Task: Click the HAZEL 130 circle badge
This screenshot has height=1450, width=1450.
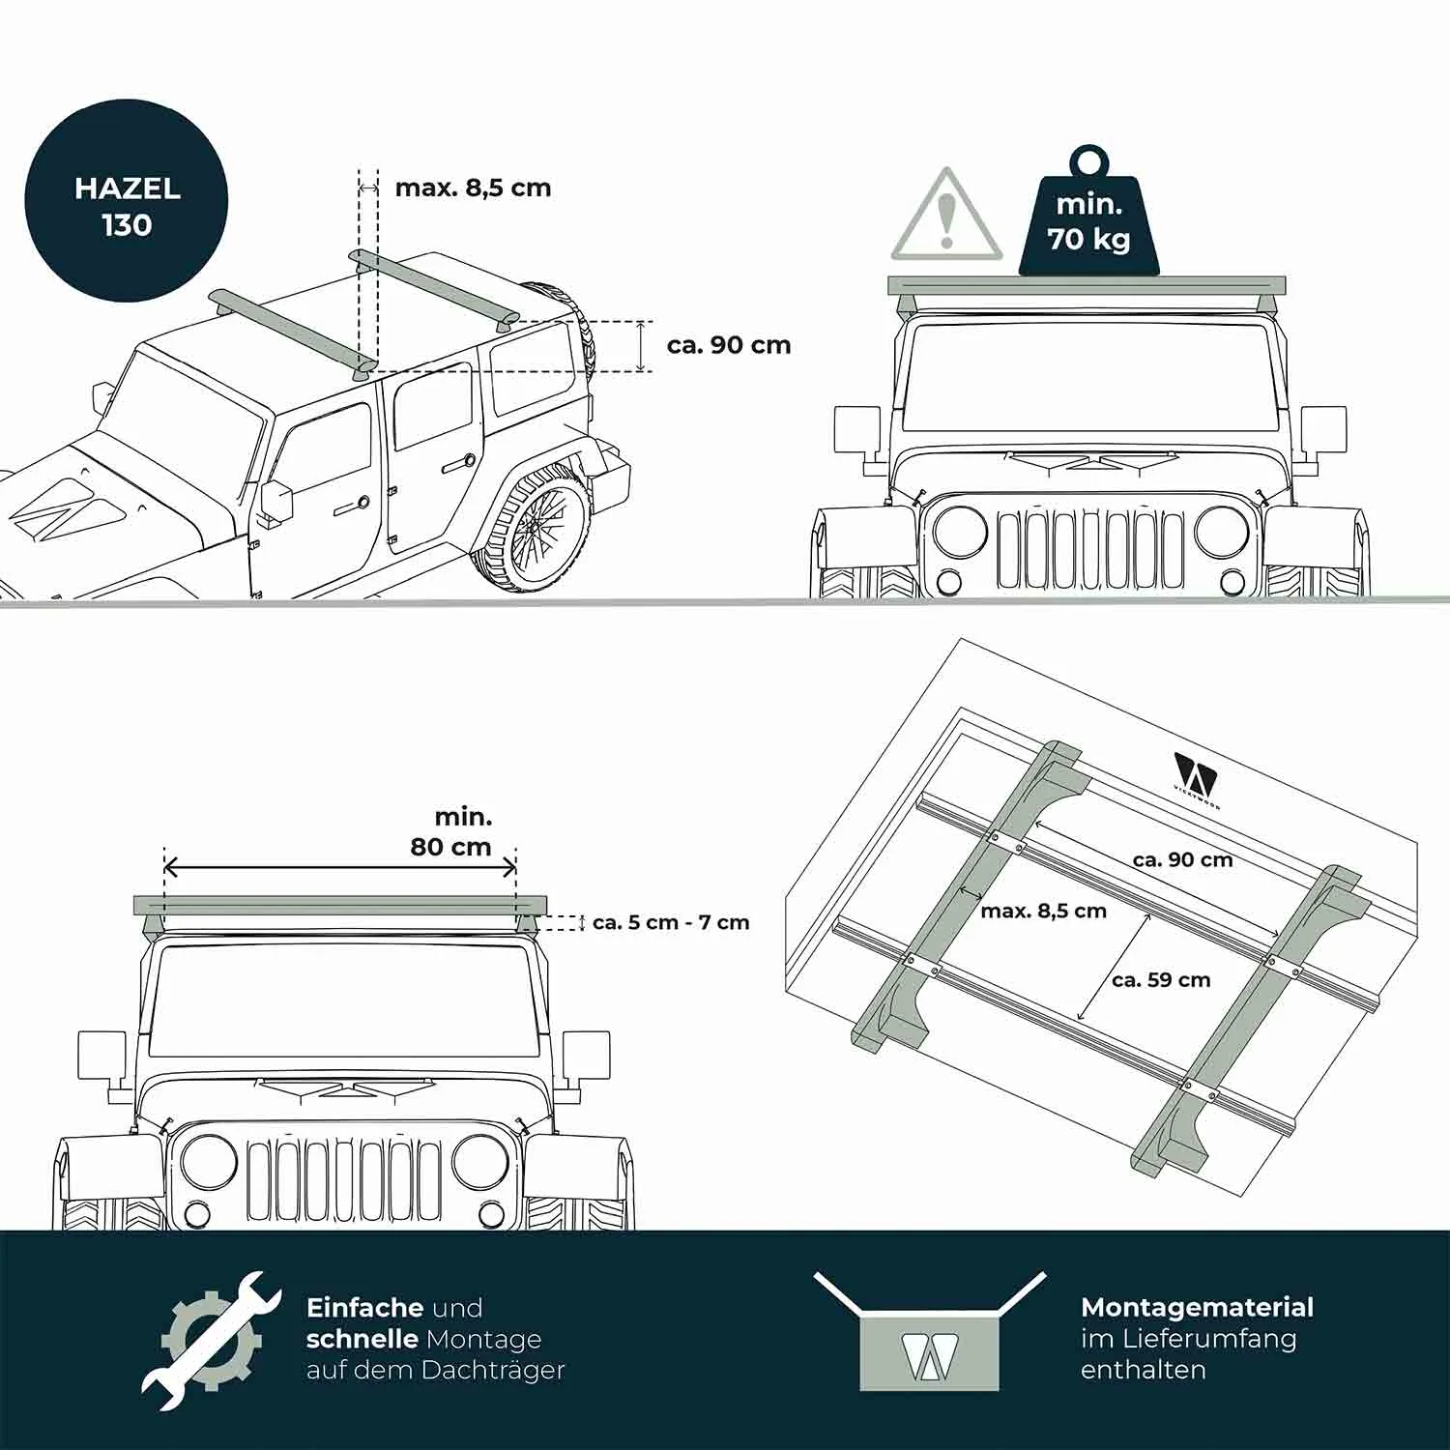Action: pos(126,201)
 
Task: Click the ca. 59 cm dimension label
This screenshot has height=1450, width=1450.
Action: pos(1161,980)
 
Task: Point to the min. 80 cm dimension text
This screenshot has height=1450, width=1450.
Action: pos(451,832)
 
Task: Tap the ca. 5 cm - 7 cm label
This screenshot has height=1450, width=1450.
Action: pos(671,922)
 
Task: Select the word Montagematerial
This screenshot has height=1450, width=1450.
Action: pos(1197,1308)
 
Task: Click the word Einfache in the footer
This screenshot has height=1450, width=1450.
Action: pos(364,1308)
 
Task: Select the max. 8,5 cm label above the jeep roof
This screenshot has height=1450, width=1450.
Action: pos(473,188)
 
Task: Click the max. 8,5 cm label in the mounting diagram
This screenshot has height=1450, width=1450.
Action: pos(1043,911)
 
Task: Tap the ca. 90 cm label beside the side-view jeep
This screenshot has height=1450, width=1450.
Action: pos(729,345)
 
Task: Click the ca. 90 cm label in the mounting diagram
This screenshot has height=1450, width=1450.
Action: pos(1183,859)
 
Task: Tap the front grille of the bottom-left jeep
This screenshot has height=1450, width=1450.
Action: pos(343,1179)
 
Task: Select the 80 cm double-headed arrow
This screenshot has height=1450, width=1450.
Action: pos(340,866)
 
